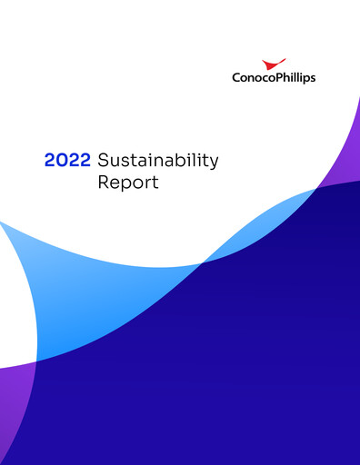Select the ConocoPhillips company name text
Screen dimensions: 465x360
274,78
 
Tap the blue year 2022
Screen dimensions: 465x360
67,161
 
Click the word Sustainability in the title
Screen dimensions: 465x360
157,162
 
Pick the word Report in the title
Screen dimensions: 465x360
128,183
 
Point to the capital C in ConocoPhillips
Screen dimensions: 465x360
236,78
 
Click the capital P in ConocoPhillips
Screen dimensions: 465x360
276,78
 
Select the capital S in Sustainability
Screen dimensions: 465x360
103,161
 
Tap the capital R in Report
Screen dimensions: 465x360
104,183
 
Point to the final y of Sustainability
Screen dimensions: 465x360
214,163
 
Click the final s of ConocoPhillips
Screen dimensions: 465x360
312,78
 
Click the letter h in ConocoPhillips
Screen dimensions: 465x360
285,78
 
